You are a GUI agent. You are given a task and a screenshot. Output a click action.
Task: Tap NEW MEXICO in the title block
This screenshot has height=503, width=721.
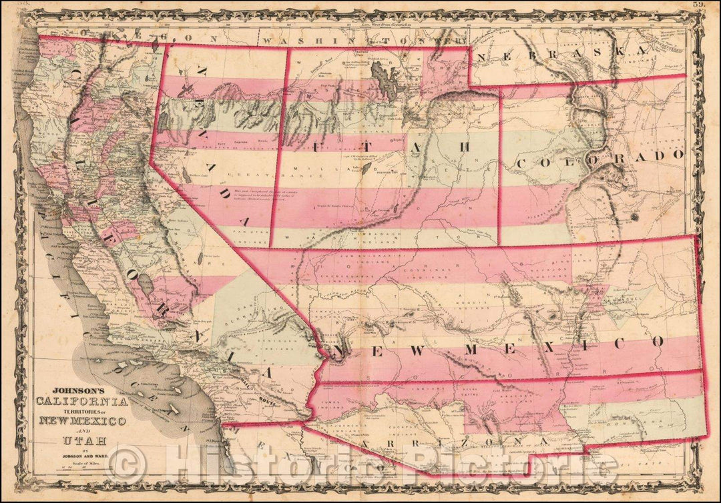(x=83, y=421)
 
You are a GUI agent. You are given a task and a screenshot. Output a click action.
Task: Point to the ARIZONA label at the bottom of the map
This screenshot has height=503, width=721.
(x=454, y=442)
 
